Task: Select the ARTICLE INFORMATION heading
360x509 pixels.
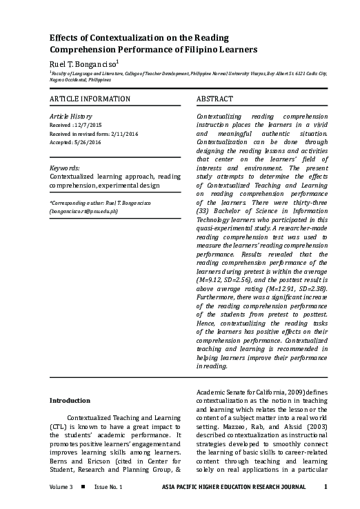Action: pyautogui.click(x=90, y=99)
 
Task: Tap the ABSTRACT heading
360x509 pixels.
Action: pyautogui.click(x=214, y=99)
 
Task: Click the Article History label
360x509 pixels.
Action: pyautogui.click(x=71, y=117)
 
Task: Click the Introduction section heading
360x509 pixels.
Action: pyautogui.click(x=70, y=400)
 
